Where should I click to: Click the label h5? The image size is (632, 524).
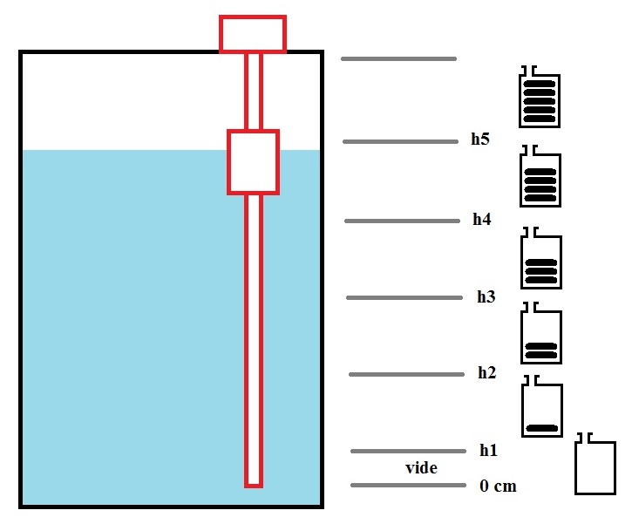tap(480, 139)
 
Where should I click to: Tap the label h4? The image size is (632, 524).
tap(482, 219)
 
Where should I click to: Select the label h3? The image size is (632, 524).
tap(486, 296)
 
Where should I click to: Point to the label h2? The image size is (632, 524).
tap(487, 373)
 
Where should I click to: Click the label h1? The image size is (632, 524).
tap(488, 450)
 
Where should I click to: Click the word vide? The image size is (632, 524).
tap(421, 468)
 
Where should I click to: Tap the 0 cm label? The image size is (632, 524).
tap(498, 487)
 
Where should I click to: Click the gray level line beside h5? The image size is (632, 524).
tap(400, 141)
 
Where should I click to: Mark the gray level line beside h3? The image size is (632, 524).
tap(404, 298)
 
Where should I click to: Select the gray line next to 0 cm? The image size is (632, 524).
tap(408, 486)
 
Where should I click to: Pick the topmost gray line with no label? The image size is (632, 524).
tap(398, 58)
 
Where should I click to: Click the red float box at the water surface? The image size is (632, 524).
tap(253, 162)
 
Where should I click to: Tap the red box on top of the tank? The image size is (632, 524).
tap(253, 34)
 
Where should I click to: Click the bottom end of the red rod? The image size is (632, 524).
tap(254, 487)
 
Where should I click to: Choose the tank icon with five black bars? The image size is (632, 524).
tap(540, 97)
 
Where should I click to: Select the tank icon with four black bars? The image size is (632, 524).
tap(540, 176)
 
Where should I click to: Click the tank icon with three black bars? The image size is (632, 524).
tap(541, 258)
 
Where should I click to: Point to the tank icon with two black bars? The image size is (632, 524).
tap(541, 333)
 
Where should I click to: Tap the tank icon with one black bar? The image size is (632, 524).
tap(542, 406)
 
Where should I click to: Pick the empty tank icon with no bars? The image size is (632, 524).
tap(595, 464)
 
